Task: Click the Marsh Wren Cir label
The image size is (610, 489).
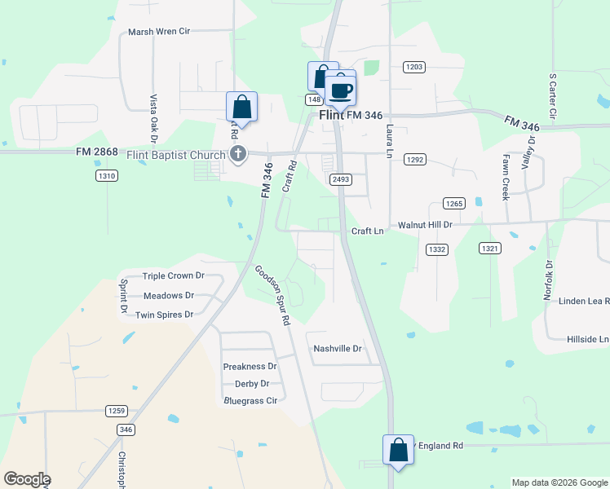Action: click(x=159, y=32)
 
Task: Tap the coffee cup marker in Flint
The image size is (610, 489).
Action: click(x=341, y=90)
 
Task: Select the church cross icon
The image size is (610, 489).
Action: click(x=237, y=153)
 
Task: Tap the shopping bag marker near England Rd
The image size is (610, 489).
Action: click(x=398, y=450)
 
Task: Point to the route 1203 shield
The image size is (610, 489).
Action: click(x=413, y=67)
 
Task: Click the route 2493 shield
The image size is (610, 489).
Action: click(x=341, y=178)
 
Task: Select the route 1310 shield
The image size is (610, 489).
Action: click(x=106, y=175)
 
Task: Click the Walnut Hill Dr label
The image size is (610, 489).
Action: click(x=424, y=224)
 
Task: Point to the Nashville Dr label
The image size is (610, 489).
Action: click(x=337, y=348)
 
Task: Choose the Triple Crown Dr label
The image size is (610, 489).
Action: click(x=173, y=276)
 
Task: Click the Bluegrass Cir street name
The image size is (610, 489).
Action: click(x=250, y=401)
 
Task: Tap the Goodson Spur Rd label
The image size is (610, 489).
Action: click(x=272, y=296)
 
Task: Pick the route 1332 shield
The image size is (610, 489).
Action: click(x=436, y=249)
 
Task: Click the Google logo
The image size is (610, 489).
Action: click(x=27, y=479)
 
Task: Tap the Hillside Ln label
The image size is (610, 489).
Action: click(x=581, y=338)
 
